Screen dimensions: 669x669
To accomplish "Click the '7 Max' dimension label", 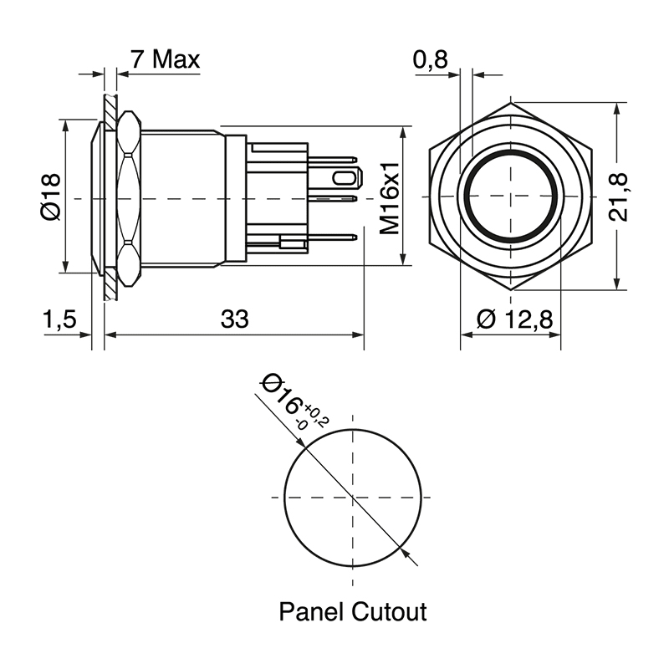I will click(165, 59).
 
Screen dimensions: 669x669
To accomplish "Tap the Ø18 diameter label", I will click(49, 198).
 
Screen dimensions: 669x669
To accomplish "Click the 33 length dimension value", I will click(235, 319).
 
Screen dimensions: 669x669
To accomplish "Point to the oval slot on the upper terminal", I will click(344, 178).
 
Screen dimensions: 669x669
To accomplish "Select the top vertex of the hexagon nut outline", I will click(512, 104).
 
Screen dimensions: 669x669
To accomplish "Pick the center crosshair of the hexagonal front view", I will click(512, 198).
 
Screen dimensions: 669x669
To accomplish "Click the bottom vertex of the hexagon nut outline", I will click(512, 291).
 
